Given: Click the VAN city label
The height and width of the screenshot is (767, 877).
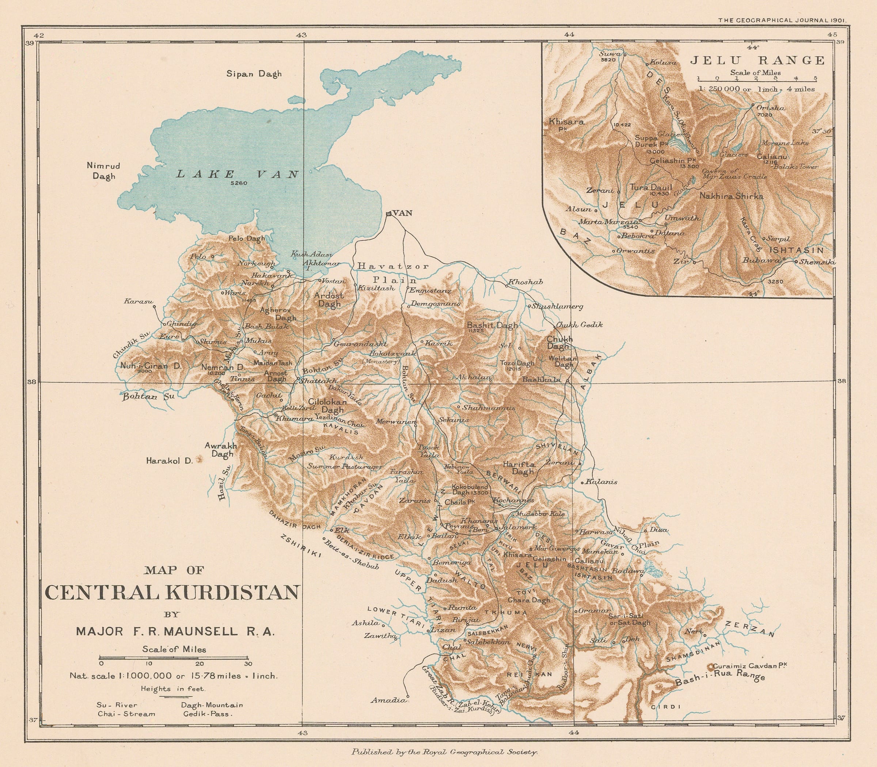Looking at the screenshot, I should click(x=403, y=213).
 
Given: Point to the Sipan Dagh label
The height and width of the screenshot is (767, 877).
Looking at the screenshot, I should click(x=254, y=74).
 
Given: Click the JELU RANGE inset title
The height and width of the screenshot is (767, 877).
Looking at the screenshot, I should click(x=757, y=60).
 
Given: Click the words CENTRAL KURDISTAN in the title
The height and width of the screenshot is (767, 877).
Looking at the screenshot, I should click(x=171, y=593).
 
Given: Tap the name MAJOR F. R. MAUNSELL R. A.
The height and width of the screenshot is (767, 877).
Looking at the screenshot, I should click(x=175, y=631).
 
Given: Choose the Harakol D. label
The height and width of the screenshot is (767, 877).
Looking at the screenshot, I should click(x=169, y=461).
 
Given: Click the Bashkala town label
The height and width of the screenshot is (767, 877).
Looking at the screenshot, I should click(x=541, y=379).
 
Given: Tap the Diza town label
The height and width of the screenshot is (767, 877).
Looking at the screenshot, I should click(x=658, y=530).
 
